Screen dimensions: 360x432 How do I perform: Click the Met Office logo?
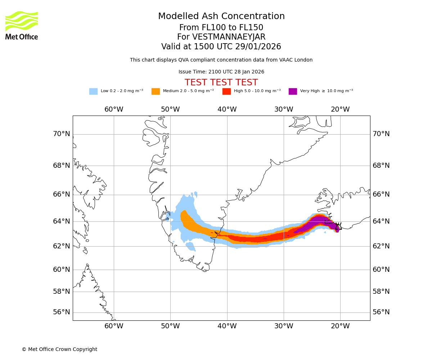click(22, 25)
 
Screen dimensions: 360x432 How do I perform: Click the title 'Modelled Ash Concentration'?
click(221, 17)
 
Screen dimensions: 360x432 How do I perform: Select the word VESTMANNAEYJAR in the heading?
click(229, 37)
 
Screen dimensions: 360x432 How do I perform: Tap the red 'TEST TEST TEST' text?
click(221, 83)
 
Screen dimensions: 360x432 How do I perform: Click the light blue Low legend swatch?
click(93, 91)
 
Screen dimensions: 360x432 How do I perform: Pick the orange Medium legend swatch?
click(156, 91)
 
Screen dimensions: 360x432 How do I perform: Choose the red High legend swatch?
click(226, 91)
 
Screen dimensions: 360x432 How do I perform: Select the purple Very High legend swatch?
click(293, 91)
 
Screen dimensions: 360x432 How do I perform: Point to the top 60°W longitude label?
click(114, 109)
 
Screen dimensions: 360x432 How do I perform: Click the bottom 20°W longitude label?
click(340, 326)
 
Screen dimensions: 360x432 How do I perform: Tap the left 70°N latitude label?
click(62, 134)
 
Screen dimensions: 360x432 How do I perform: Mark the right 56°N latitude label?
click(381, 312)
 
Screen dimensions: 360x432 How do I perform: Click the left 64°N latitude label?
click(62, 221)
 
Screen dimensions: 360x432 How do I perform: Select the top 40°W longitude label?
click(227, 109)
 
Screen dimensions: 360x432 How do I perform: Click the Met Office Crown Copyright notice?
click(59, 350)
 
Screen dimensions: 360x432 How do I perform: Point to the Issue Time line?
click(221, 72)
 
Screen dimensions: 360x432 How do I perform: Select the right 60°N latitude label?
click(381, 269)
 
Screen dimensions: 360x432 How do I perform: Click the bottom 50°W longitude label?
click(170, 326)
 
